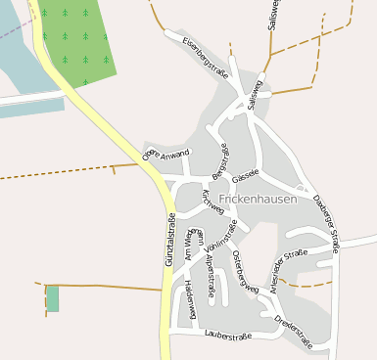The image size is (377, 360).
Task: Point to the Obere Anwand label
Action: (165, 154)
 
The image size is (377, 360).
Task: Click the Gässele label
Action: (246, 172)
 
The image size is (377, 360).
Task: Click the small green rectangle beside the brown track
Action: (53, 298)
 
